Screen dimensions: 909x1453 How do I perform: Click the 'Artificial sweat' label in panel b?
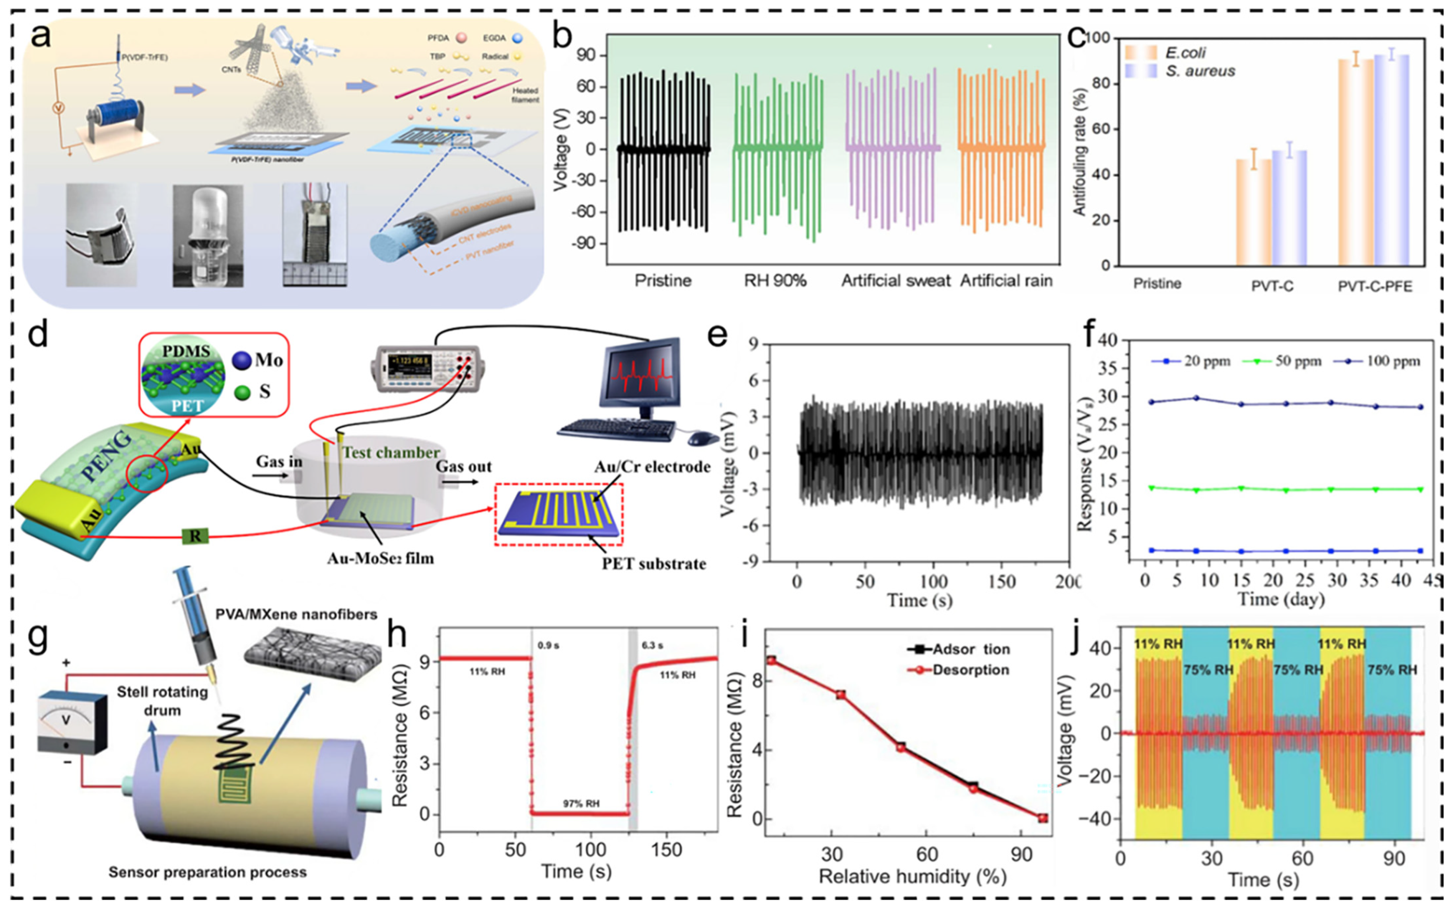(x=895, y=281)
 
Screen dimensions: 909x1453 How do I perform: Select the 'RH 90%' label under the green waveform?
(x=775, y=281)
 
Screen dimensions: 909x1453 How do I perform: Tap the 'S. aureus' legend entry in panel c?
(x=1200, y=71)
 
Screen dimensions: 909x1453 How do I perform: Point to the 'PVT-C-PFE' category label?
(x=1375, y=286)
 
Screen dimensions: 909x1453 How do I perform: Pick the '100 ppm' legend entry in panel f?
(x=1393, y=361)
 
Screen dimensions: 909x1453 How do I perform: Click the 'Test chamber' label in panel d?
(x=391, y=452)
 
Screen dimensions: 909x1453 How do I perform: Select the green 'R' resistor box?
(x=195, y=536)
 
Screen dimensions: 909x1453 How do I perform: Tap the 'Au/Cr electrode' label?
(x=652, y=467)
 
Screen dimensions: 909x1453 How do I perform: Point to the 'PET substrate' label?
(x=654, y=564)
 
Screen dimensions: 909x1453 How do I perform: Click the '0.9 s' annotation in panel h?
(x=548, y=645)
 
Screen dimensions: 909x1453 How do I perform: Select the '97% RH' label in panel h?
(x=580, y=803)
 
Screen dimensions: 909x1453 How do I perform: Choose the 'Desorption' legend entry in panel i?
(x=970, y=670)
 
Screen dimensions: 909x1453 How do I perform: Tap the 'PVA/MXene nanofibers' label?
(x=296, y=614)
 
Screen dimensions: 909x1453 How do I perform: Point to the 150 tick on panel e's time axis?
(x=1001, y=581)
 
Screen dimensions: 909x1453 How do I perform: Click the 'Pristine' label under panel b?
(x=663, y=281)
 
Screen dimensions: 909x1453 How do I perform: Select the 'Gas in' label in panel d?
(x=279, y=461)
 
